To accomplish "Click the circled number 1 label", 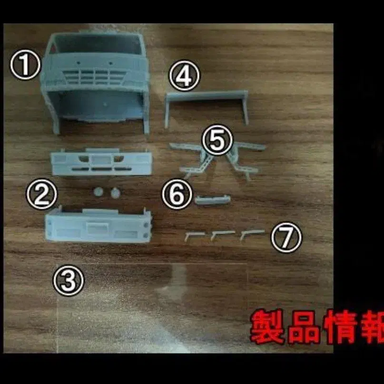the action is point(25,65).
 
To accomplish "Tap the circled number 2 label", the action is point(41,194).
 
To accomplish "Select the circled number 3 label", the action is point(69,281).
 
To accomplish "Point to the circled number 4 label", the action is point(184,76).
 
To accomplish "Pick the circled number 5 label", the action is point(217,140).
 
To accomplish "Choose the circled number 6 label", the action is point(177,194).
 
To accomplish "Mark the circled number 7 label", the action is point(286,237).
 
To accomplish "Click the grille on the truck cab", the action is point(94,77).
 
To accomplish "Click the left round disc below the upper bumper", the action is point(98,192).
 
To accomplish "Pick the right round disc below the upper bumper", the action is point(115,193).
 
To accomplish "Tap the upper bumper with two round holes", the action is point(101,162).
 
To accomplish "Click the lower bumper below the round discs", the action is point(98,225).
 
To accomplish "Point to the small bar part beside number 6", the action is point(213,199).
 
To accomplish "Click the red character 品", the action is point(304,327).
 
